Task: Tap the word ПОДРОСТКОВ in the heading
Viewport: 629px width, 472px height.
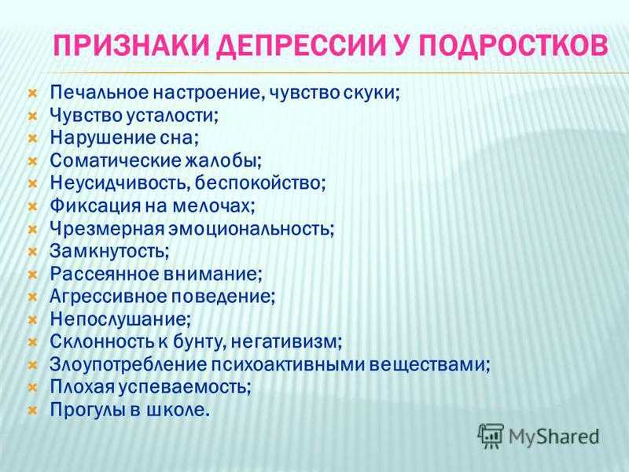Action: coord(514,45)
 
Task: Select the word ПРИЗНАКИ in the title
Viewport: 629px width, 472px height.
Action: coord(131,45)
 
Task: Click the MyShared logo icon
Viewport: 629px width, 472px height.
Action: coord(491,437)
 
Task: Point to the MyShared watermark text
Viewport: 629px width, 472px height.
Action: coord(554,437)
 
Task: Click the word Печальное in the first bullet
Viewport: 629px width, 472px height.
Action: coord(99,92)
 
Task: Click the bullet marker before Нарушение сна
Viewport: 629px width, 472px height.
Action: coord(32,138)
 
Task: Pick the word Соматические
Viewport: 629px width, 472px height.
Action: coord(116,160)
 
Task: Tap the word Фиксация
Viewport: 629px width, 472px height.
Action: coord(95,206)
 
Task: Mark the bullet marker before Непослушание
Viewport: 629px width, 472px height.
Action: coord(32,320)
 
